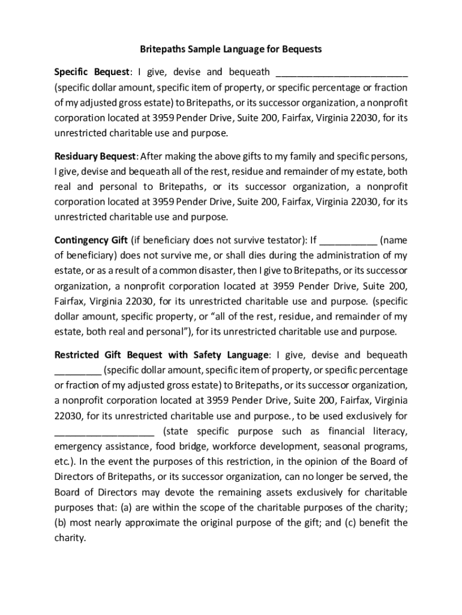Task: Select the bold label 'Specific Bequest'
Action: coord(92,72)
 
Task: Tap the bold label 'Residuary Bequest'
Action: coord(95,157)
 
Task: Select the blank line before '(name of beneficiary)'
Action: coord(349,243)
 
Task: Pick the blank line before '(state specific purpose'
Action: coord(104,432)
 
